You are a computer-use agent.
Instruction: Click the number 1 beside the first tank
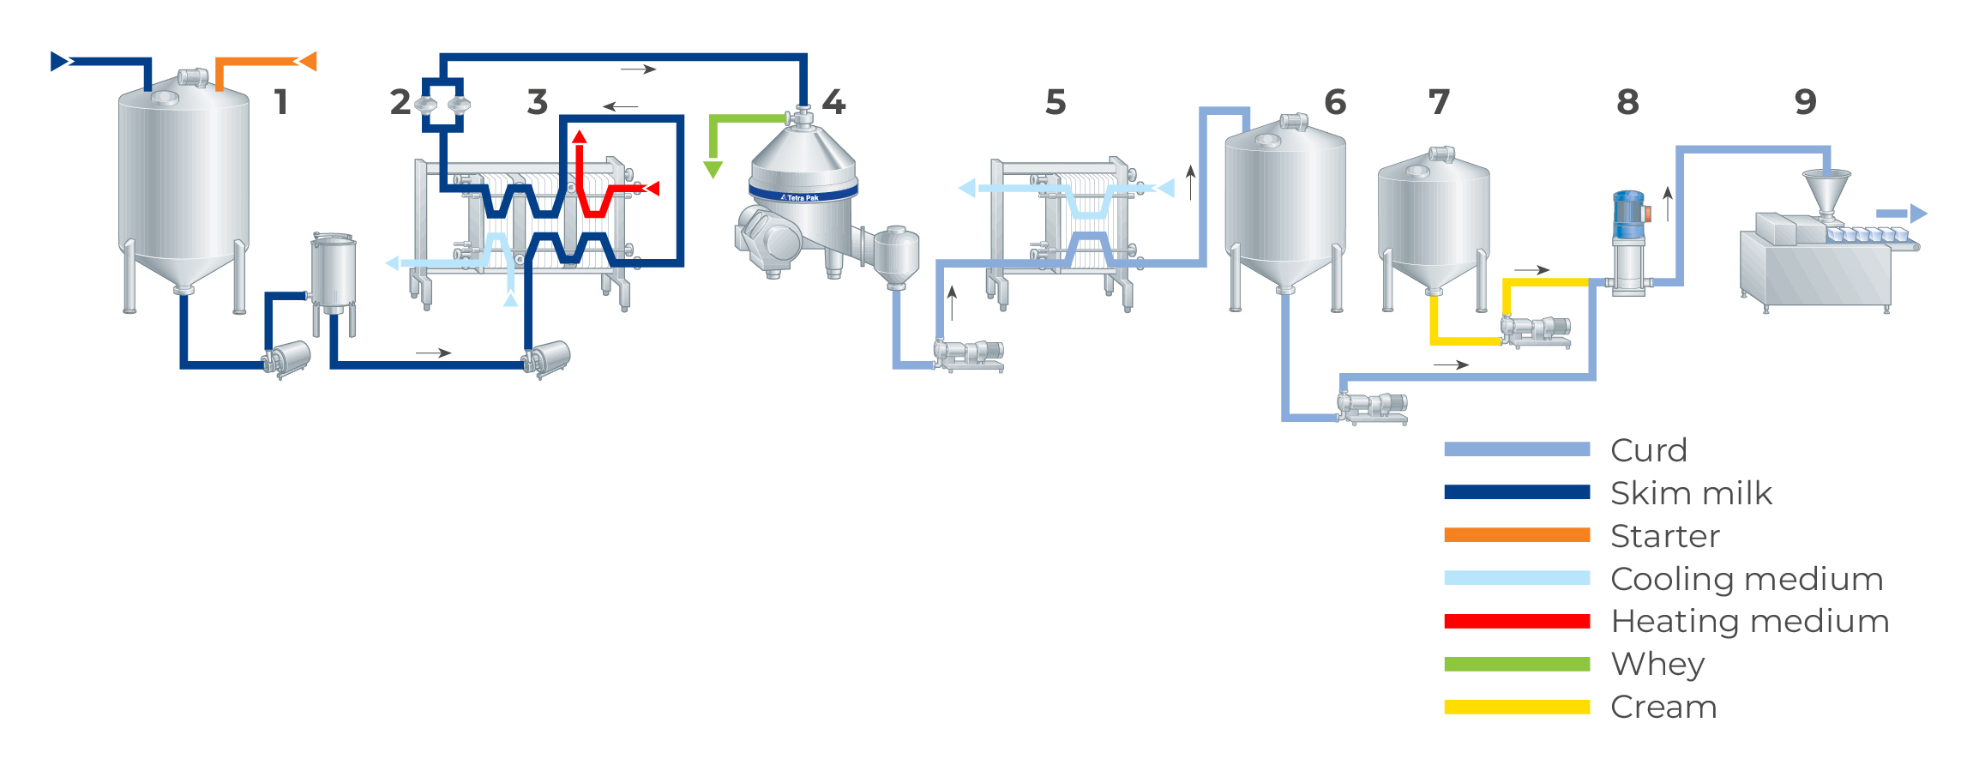[x=280, y=102]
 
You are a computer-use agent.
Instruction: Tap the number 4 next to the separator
[x=833, y=102]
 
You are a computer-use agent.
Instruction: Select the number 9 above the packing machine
[x=1805, y=102]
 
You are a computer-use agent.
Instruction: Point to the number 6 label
[x=1335, y=102]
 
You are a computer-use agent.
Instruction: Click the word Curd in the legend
[x=1648, y=450]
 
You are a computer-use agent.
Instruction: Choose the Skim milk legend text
[x=1690, y=493]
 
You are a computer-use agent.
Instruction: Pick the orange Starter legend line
[x=1516, y=535]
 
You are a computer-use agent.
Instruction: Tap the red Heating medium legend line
[x=1516, y=621]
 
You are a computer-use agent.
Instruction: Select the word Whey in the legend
[x=1657, y=664]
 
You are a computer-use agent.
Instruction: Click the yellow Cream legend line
[x=1516, y=707]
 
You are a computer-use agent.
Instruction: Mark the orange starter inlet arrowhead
[x=307, y=61]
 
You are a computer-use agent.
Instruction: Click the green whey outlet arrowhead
[x=713, y=169]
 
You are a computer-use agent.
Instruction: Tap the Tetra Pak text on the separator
[x=800, y=197]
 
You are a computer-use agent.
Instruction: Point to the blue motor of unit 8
[x=1628, y=214]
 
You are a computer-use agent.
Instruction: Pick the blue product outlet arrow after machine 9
[x=1901, y=214]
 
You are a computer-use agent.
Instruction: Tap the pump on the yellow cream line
[x=1536, y=329]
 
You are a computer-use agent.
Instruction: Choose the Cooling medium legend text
[x=1746, y=579]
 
